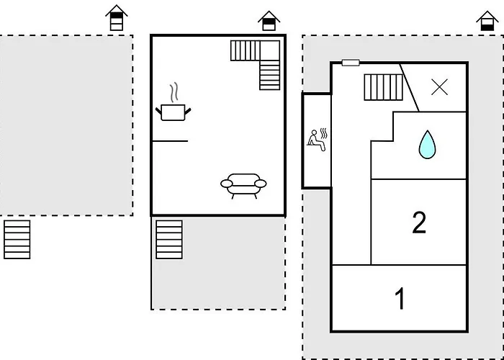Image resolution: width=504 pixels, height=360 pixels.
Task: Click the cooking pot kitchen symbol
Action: click(173, 112)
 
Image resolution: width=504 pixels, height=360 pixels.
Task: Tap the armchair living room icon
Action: click(243, 184)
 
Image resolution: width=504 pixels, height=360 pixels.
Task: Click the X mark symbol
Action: click(439, 87)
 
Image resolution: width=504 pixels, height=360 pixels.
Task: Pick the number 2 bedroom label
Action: click(419, 222)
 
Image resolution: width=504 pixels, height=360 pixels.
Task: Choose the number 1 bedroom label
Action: click(400, 298)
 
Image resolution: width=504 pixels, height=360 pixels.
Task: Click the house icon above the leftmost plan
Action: click(116, 18)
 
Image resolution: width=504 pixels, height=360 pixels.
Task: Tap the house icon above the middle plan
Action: click(269, 21)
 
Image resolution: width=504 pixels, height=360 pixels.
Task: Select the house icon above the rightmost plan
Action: click(487, 21)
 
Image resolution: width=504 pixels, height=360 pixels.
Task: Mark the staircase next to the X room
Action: click(382, 88)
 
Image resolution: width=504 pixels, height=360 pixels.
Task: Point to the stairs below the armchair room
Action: click(169, 239)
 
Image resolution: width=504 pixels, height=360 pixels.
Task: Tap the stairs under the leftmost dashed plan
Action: click(17, 239)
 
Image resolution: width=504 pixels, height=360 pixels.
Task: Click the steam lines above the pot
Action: click(173, 93)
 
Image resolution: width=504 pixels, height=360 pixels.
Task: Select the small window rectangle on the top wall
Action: click(351, 63)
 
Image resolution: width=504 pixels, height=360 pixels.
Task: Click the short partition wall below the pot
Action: click(170, 141)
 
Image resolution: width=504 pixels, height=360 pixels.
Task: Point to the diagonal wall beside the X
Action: click(410, 87)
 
